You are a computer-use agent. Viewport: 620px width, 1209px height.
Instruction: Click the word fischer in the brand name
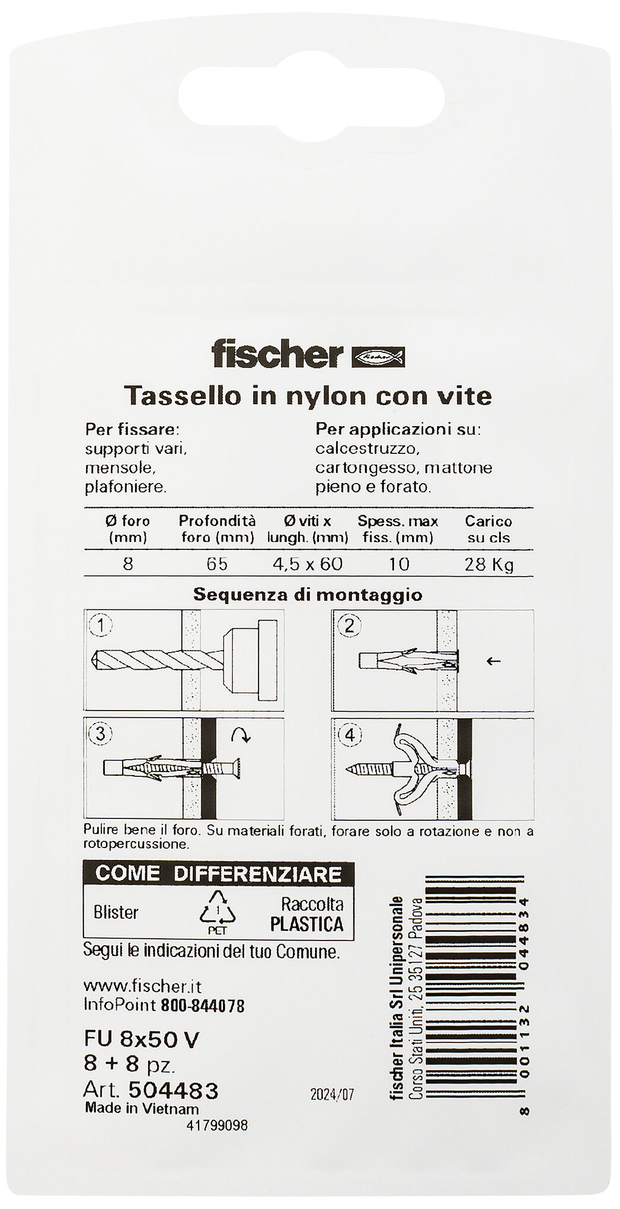tap(277, 355)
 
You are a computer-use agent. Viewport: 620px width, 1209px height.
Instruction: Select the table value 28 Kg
tap(488, 564)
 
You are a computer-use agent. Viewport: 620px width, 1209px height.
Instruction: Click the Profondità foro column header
tap(217, 529)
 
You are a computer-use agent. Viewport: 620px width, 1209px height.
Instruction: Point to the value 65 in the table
tap(217, 563)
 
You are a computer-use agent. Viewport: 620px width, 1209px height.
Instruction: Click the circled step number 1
tap(101, 625)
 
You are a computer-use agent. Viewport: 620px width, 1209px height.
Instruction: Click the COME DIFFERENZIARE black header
tap(218, 874)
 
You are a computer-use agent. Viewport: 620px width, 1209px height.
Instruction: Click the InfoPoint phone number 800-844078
tap(202, 1005)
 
